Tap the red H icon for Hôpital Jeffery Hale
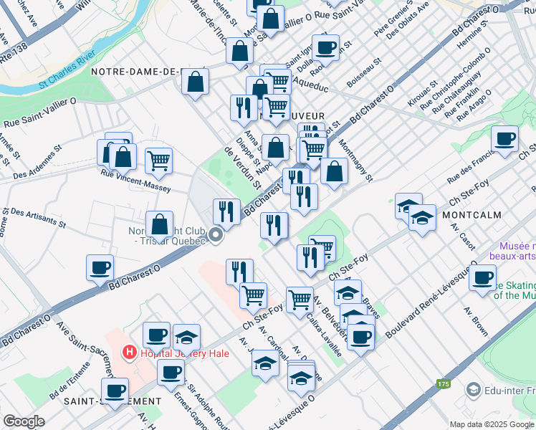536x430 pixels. (x=129, y=352)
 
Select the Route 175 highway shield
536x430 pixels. (x=442, y=385)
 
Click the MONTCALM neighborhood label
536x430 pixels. (x=477, y=215)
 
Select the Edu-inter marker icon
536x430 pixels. (x=472, y=389)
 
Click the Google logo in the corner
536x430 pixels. (x=24, y=421)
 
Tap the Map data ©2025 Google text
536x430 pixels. (x=491, y=424)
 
